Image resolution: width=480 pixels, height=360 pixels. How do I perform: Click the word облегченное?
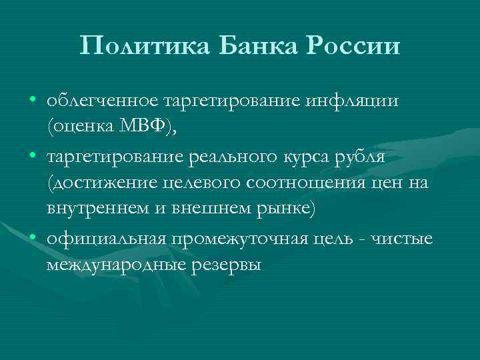click(x=102, y=101)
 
